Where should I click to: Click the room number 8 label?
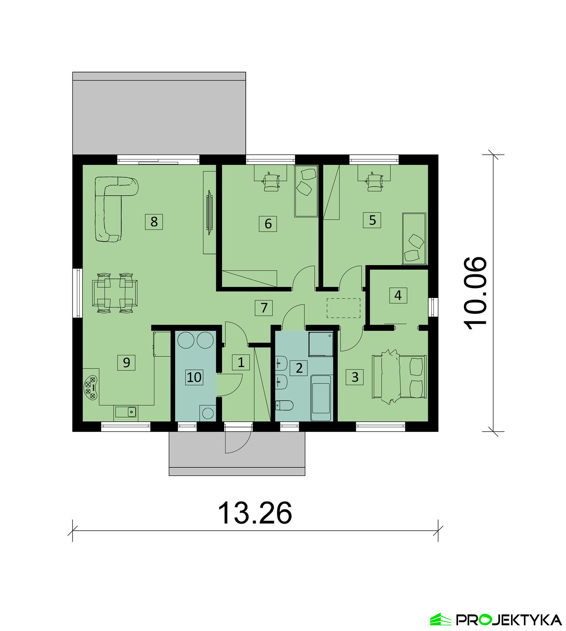(154, 221)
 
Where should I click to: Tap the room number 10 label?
(194, 377)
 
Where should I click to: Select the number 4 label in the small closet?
(398, 295)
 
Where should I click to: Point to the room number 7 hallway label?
(264, 308)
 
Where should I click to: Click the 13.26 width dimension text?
(255, 513)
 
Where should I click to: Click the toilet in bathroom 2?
(284, 406)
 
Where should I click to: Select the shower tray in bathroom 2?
(321, 344)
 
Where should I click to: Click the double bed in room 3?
(400, 376)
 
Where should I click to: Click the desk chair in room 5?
(374, 181)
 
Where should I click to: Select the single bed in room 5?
(414, 238)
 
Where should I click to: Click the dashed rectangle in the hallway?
(343, 308)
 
